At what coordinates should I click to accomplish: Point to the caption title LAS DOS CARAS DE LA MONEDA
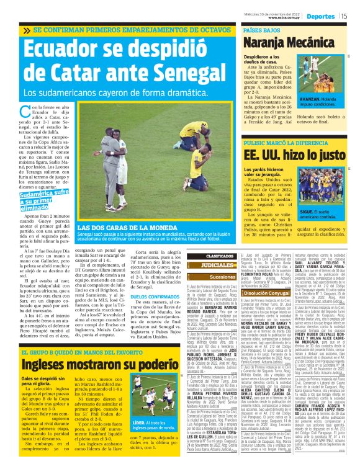pyautogui.click(x=117, y=228)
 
